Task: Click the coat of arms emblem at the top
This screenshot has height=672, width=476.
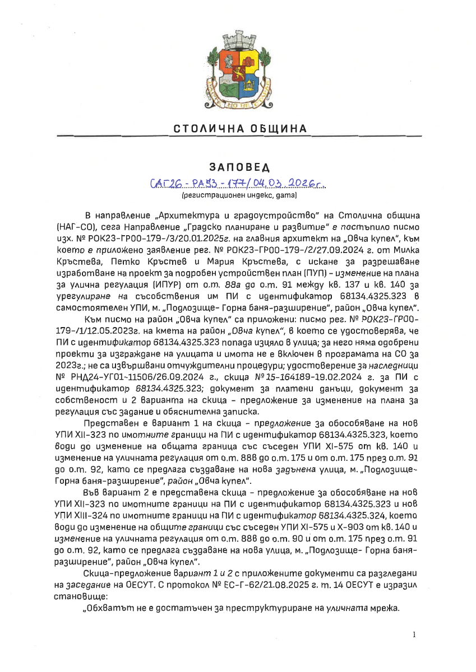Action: click(x=238, y=73)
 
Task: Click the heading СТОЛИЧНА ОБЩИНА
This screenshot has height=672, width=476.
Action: click(x=241, y=129)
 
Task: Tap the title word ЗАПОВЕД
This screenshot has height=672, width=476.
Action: click(x=239, y=167)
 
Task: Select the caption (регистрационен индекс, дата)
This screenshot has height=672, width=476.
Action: click(x=239, y=196)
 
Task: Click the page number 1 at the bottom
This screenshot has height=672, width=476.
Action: click(x=414, y=635)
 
